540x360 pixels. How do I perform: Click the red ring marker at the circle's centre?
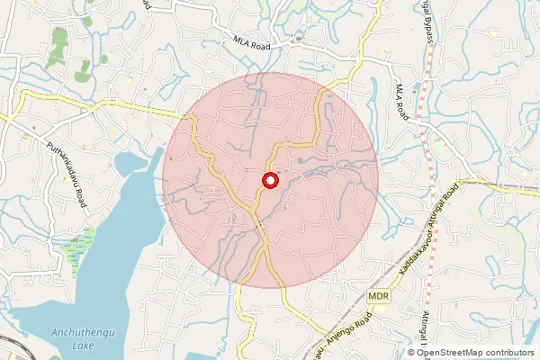269,181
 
